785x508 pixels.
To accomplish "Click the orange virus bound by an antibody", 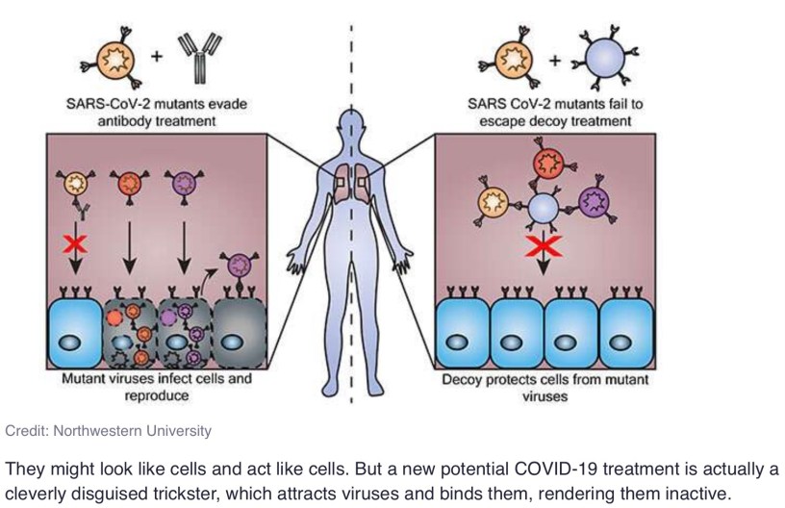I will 75,183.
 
